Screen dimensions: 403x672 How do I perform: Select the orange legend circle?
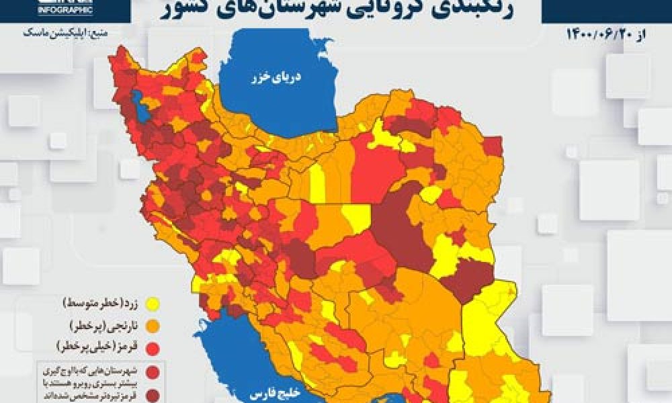(x=153, y=327)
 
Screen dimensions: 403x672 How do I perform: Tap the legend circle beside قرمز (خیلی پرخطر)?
(x=153, y=348)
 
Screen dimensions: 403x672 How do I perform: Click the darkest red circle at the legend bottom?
(x=153, y=392)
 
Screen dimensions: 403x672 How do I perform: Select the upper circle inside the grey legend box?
(x=153, y=371)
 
